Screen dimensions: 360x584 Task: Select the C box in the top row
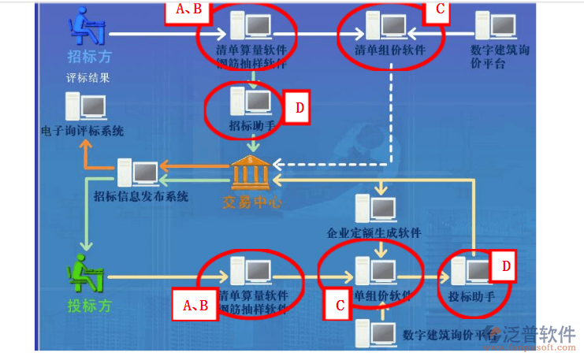coord(440,11)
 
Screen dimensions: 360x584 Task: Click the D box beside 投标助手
coord(505,267)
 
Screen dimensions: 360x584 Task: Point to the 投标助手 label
coord(471,296)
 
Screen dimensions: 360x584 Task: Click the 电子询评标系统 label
coord(83,132)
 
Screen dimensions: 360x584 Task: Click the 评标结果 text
coord(87,79)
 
